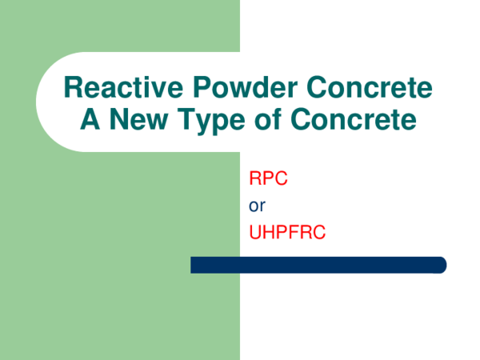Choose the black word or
pos(257,206)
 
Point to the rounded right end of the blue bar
pos(439,265)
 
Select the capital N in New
pos(114,120)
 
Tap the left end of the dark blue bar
pos(194,265)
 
